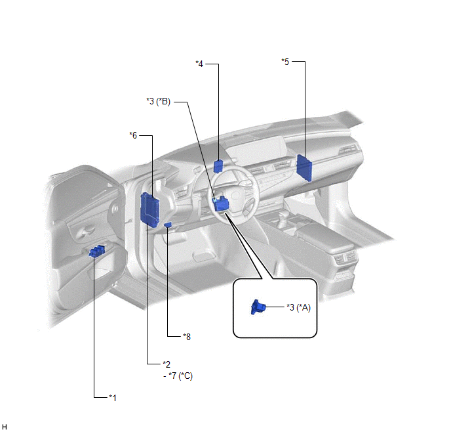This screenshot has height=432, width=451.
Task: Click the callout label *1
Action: click(x=113, y=398)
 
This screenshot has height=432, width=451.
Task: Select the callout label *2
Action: click(x=167, y=364)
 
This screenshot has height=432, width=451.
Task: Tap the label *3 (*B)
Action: click(x=159, y=101)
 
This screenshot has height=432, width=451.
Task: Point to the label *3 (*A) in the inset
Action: click(x=298, y=307)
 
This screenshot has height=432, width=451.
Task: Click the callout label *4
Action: click(x=199, y=64)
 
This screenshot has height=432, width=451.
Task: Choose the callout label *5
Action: click(x=285, y=61)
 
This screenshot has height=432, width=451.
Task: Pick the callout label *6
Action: click(x=133, y=135)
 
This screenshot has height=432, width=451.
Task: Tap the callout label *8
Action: click(x=187, y=336)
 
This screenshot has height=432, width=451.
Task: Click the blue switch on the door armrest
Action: click(x=97, y=251)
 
